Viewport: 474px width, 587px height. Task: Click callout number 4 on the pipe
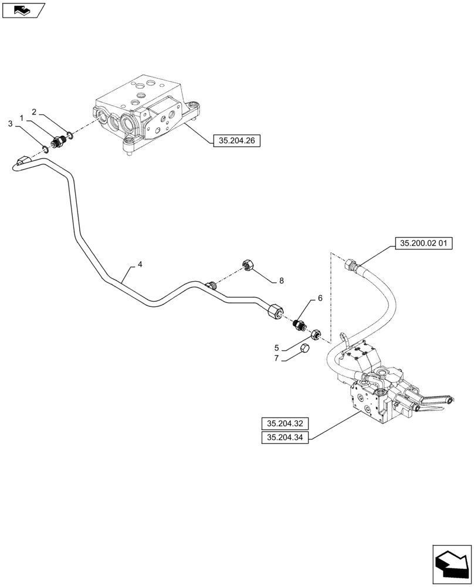click(x=140, y=265)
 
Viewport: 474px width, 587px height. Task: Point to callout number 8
click(x=281, y=281)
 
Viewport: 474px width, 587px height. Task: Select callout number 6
click(x=320, y=298)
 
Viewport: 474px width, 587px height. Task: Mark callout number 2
click(x=35, y=112)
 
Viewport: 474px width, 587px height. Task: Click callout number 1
click(x=22, y=118)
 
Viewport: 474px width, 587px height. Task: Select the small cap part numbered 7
click(x=304, y=349)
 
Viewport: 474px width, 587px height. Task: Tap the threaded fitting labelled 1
click(x=59, y=141)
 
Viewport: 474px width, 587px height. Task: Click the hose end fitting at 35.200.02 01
click(x=353, y=265)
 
